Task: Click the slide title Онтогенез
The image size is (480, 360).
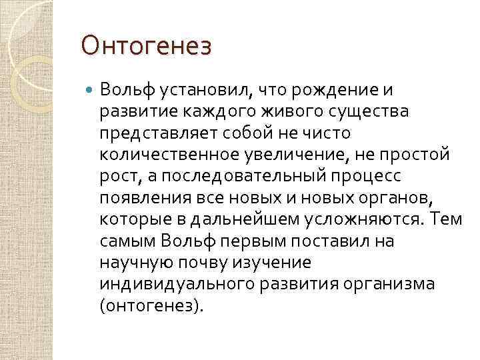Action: coord(146,47)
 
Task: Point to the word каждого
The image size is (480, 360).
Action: coord(201,111)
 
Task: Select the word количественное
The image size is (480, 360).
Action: coord(163,155)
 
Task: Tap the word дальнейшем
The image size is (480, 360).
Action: coord(245,220)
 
